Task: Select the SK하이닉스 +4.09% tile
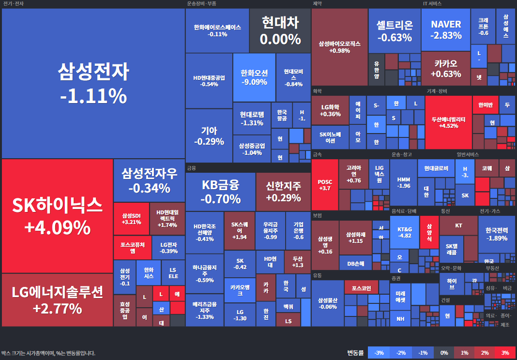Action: [x=57, y=216]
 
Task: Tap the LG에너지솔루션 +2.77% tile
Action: [x=57, y=300]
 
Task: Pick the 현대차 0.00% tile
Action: [x=280, y=30]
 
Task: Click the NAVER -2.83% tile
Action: [x=446, y=30]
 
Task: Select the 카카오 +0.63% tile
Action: [x=445, y=68]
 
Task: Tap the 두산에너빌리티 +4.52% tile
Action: [x=448, y=122]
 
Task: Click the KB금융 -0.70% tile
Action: [x=220, y=192]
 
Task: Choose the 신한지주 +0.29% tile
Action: [x=283, y=192]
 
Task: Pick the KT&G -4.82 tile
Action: [x=404, y=232]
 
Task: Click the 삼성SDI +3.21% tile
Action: [x=131, y=219]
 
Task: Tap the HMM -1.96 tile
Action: [x=403, y=182]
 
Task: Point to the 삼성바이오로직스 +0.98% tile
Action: [x=339, y=47]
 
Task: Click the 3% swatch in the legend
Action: [x=505, y=353]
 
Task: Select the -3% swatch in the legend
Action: [x=379, y=353]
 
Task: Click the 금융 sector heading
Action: [x=191, y=168]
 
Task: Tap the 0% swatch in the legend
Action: [x=443, y=353]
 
